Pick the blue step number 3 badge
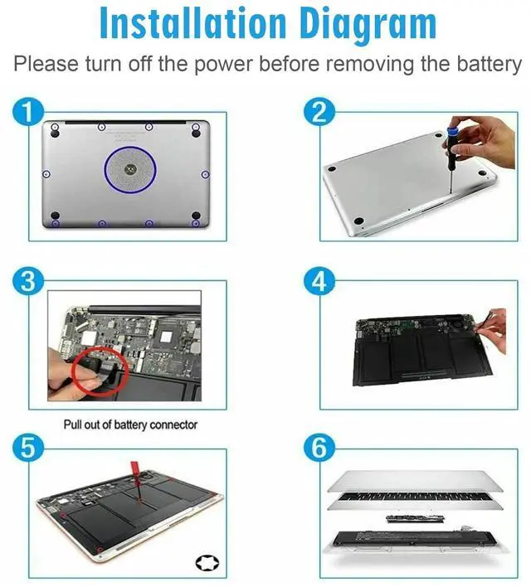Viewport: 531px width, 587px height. (x=29, y=281)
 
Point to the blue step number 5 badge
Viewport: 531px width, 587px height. (x=29, y=449)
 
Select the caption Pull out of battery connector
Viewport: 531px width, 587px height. (x=131, y=424)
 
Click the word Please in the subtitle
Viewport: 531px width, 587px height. (x=44, y=64)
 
